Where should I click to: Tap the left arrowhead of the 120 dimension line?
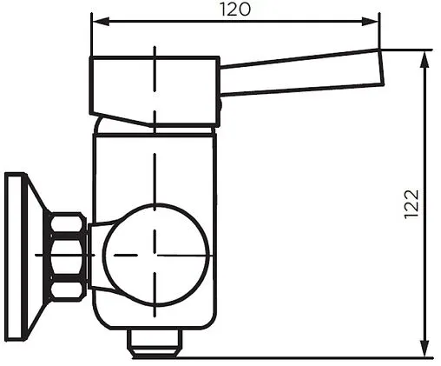point(95,20)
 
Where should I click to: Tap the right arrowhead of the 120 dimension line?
point(375,20)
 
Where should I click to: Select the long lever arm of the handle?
point(299,74)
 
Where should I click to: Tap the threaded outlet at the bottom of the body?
point(154,342)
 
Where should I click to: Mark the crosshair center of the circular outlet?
point(155,254)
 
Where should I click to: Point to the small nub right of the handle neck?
point(219,105)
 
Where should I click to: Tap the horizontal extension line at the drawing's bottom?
point(304,356)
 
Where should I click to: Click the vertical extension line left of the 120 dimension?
point(90,35)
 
